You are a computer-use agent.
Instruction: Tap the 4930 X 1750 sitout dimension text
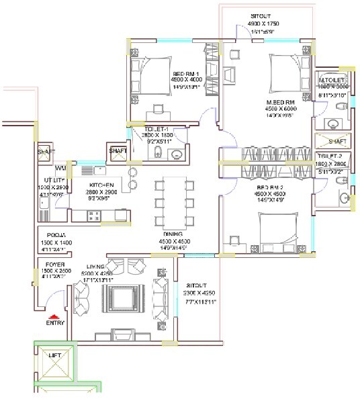click(265, 23)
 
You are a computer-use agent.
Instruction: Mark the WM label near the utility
click(60, 168)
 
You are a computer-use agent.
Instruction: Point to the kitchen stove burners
click(93, 216)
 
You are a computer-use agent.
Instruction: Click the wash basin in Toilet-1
click(176, 155)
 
